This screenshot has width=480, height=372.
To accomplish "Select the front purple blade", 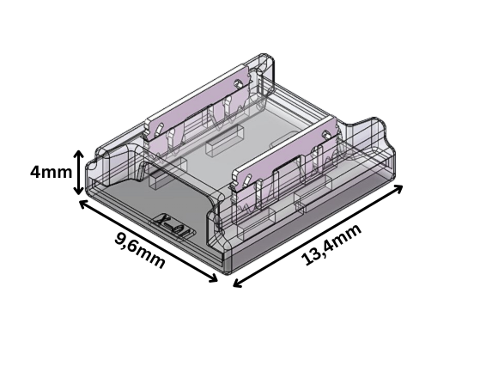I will click(283, 156).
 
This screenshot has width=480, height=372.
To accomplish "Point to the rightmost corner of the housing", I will click(397, 159).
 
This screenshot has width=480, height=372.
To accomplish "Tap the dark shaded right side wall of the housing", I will click(326, 219).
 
